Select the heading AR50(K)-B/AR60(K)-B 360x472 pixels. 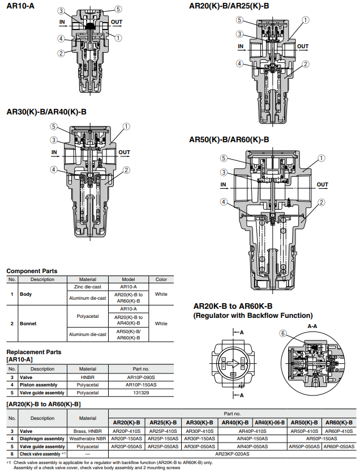[x=229, y=139]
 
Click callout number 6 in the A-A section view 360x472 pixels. [x=282, y=334]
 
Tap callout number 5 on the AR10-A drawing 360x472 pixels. [x=118, y=9]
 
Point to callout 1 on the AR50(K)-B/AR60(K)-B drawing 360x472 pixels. [x=322, y=158]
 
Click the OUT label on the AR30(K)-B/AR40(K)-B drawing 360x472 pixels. [x=124, y=152]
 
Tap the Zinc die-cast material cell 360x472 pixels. [x=88, y=287]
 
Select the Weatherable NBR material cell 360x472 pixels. [x=88, y=439]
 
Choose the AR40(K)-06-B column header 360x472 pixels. [x=269, y=423]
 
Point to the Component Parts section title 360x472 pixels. [x=32, y=271]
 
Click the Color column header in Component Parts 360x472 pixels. [x=161, y=279]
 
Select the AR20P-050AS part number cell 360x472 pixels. [x=126, y=447]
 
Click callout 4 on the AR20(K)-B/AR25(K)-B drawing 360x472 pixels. [x=240, y=63]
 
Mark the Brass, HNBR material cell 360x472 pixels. [x=88, y=431]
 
